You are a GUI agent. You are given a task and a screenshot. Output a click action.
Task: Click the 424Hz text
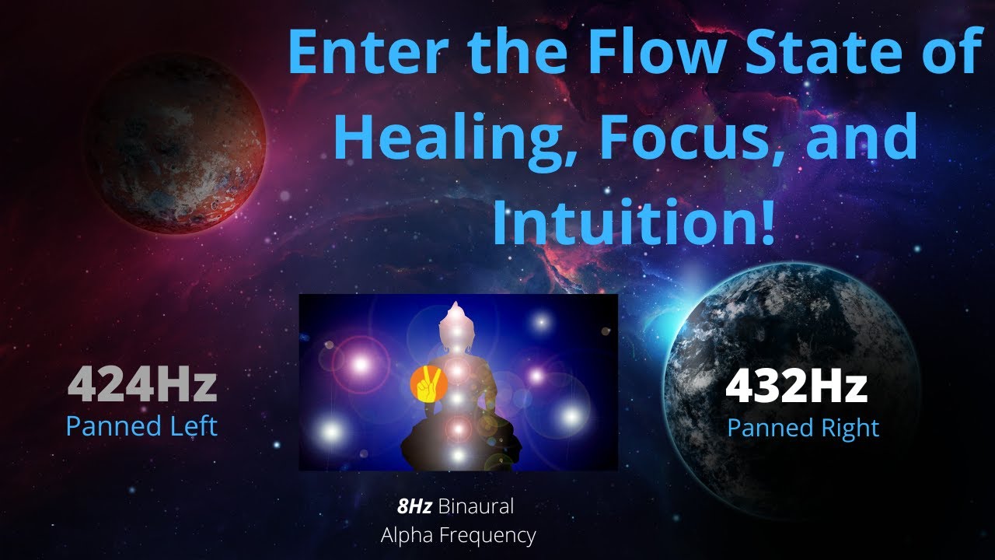141,387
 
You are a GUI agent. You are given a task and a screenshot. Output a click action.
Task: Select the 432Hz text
796,387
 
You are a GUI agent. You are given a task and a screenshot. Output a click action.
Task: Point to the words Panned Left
141,426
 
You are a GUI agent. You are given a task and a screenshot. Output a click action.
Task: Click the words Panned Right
803,428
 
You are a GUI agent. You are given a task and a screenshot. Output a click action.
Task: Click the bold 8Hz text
415,507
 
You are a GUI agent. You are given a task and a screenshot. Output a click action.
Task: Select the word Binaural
476,507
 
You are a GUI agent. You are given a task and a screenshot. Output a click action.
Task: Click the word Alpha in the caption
406,535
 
